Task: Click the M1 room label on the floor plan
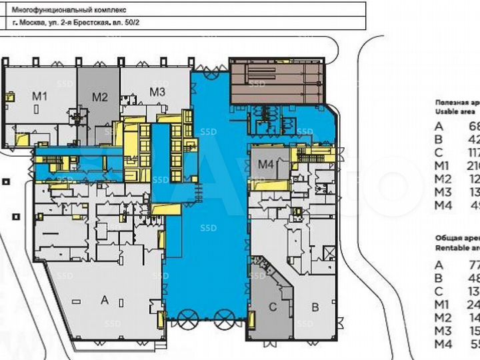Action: [x=40, y=97]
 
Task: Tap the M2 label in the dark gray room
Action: [x=99, y=97]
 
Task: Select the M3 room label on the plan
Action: [x=157, y=91]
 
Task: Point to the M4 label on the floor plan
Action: [x=266, y=164]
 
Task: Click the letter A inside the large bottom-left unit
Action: [x=104, y=301]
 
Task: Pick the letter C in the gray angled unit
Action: [x=272, y=307]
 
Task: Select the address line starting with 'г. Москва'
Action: [x=77, y=23]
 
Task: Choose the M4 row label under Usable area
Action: [x=443, y=206]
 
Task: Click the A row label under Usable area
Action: [x=439, y=126]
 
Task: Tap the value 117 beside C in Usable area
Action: [x=474, y=153]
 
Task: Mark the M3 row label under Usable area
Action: [x=443, y=193]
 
